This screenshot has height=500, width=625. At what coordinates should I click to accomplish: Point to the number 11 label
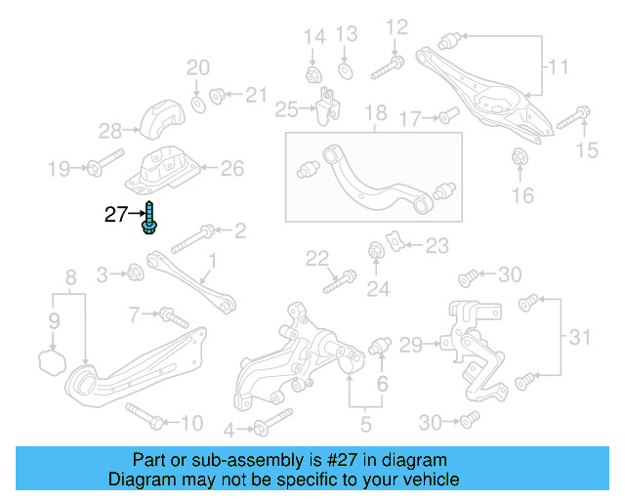click(x=558, y=67)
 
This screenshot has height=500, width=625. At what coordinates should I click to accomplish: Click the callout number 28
click(x=109, y=130)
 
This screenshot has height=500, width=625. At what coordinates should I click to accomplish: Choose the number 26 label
click(x=231, y=168)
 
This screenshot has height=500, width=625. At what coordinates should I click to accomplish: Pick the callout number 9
click(x=55, y=320)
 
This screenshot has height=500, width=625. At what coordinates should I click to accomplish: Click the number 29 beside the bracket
click(x=410, y=344)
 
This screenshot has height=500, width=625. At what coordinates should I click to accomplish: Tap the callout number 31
click(x=582, y=338)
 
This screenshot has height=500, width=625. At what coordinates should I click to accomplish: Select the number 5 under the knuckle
click(x=366, y=424)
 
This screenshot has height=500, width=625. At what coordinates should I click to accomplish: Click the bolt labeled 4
click(x=264, y=426)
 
